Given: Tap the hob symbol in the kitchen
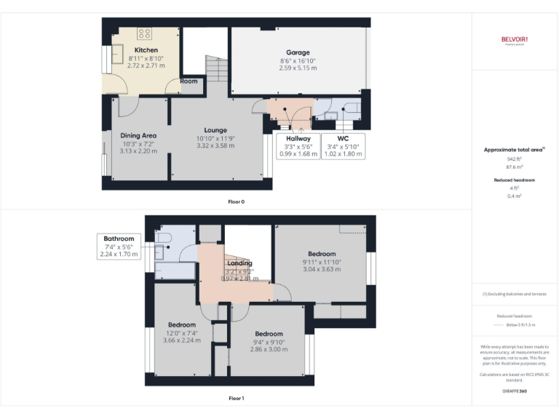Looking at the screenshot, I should (144, 33).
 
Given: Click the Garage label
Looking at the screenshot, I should (298, 52).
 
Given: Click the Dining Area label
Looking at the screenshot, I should (138, 135).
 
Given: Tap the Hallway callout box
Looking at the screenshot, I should (298, 145).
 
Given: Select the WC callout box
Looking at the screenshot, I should (341, 145).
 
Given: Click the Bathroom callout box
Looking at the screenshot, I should (119, 246).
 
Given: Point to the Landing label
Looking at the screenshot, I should (239, 263).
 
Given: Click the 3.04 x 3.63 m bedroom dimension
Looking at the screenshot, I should (321, 269).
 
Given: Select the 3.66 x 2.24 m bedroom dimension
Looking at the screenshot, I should (181, 340).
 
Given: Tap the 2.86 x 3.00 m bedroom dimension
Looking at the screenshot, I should (269, 348).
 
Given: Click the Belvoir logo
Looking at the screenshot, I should (514, 40).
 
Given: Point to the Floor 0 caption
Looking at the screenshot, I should (236, 201).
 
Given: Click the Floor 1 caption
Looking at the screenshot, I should (236, 398).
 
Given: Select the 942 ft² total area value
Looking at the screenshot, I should (514, 158).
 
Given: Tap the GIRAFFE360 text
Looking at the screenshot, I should (514, 391).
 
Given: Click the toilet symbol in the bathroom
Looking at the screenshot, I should (164, 238).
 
